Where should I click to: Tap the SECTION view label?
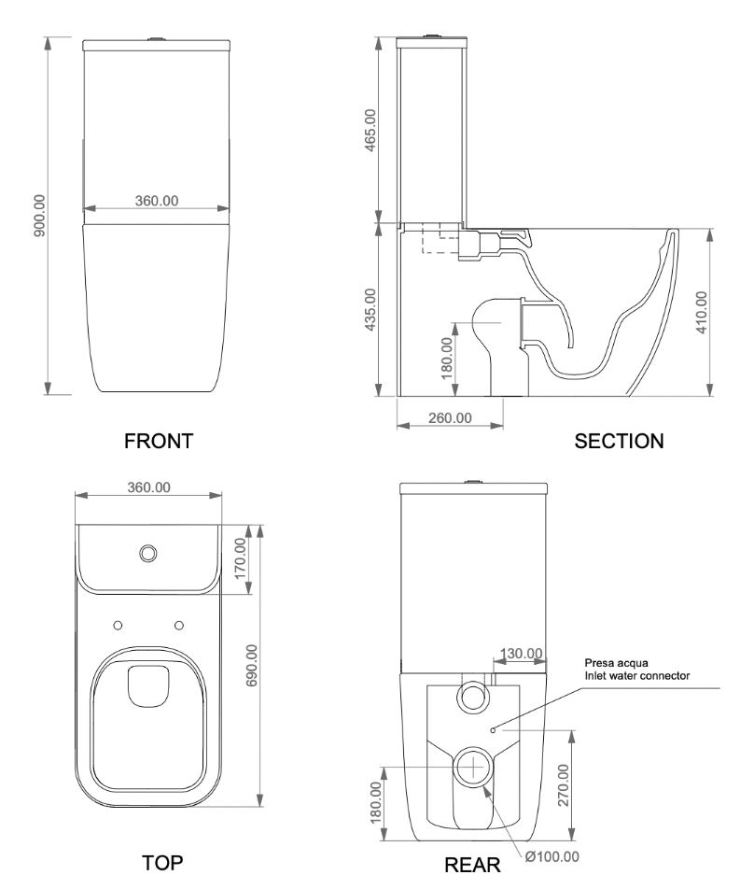620,441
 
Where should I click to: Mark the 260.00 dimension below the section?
450,417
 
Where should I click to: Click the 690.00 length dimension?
251,666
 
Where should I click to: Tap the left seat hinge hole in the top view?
119,623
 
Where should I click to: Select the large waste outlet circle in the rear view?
477,766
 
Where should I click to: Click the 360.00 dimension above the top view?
148,487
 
